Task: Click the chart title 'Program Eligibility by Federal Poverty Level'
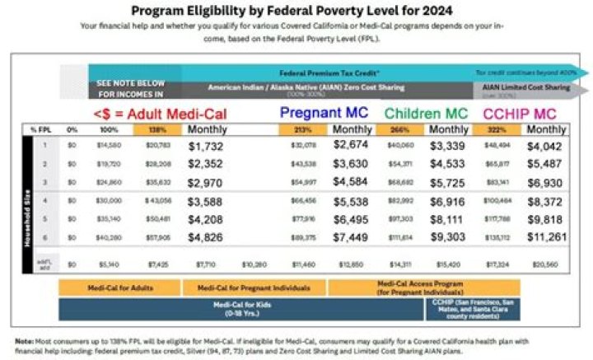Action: click(x=296, y=10)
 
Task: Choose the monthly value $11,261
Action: click(x=547, y=238)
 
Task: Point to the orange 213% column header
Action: click(x=304, y=130)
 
